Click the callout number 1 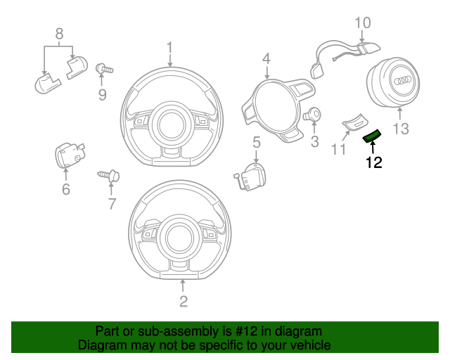click(169, 48)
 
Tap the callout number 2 click(184, 302)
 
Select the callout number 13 click(400, 128)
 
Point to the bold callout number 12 click(373, 163)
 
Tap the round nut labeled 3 click(314, 115)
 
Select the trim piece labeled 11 click(354, 124)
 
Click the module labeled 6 click(68, 155)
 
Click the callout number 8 click(59, 33)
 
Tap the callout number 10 click(361, 22)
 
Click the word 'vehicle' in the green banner click(305, 345)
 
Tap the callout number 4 click(266, 59)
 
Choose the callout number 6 click(66, 190)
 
